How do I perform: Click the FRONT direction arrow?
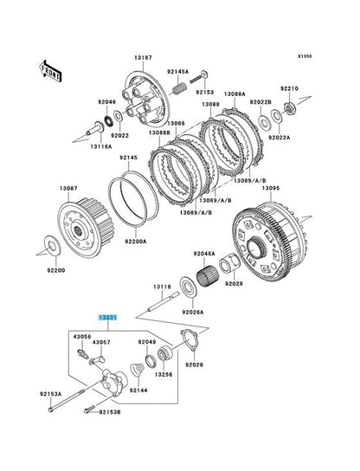tap(50, 71)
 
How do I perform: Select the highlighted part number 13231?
tap(108, 318)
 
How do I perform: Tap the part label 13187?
tap(143, 57)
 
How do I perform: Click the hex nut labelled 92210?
tap(290, 107)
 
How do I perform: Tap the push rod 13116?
tap(164, 301)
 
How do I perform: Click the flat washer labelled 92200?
tap(53, 245)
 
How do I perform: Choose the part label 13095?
tap(271, 188)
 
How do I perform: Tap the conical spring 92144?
tap(137, 369)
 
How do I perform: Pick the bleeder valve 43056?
tap(83, 353)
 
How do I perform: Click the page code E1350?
tap(305, 56)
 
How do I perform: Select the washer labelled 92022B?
tap(264, 121)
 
